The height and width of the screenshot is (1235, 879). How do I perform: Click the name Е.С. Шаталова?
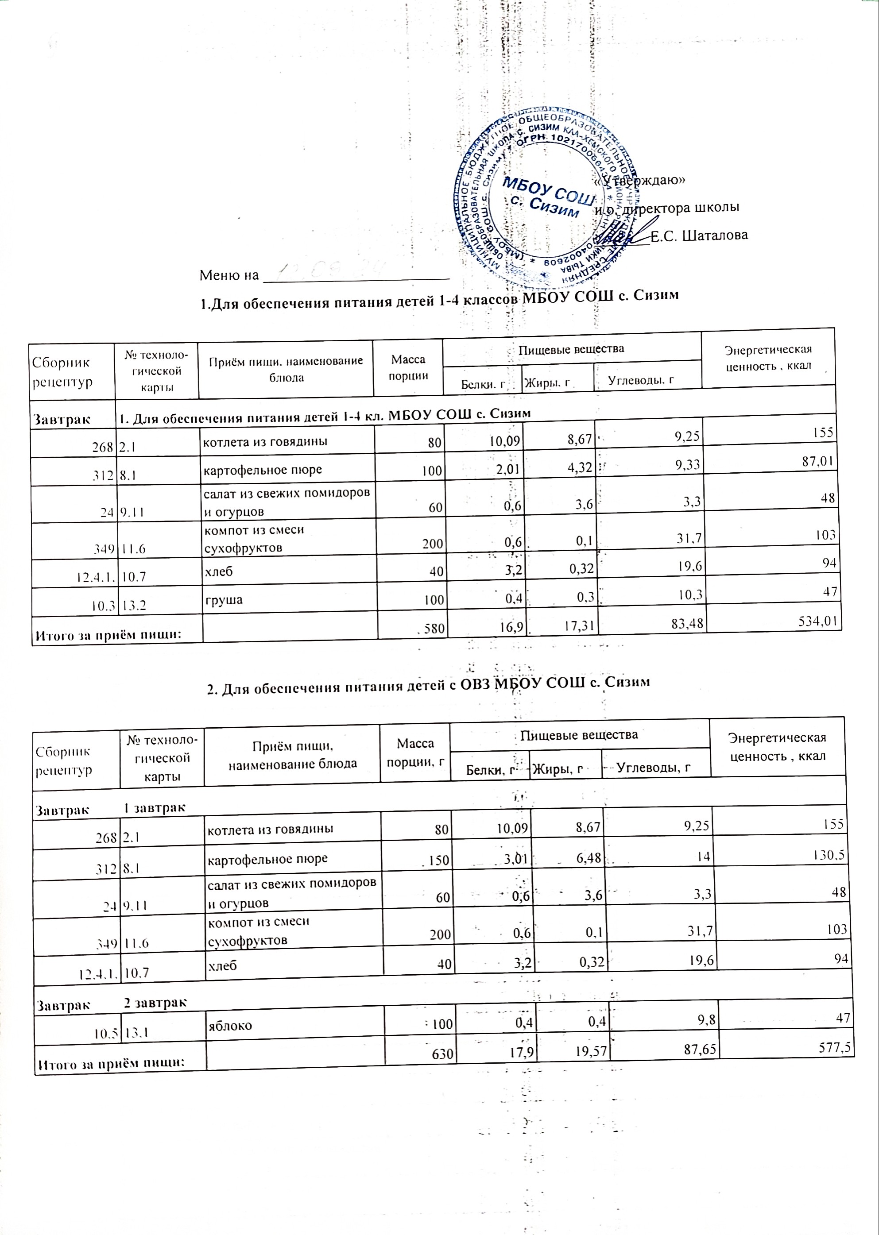point(699,235)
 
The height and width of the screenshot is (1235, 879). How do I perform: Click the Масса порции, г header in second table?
point(415,752)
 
